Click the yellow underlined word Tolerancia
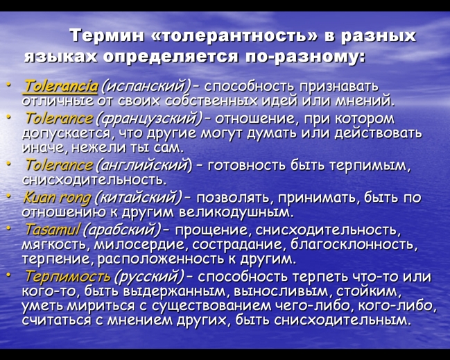coord(61,86)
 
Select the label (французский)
coord(150,119)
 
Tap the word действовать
coord(379,133)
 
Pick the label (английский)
coord(144,166)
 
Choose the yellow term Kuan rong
coord(58,198)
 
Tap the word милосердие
coord(141,245)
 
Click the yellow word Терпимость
coord(68,277)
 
